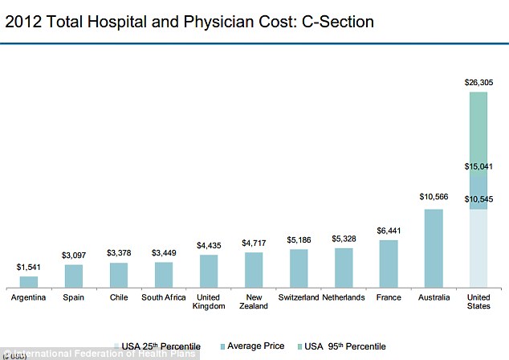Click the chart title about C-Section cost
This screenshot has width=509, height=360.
[189, 22]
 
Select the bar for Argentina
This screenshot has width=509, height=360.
[29, 282]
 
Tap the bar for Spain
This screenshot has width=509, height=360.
[74, 276]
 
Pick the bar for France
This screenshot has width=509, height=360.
[389, 264]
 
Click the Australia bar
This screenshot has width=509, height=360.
[434, 247]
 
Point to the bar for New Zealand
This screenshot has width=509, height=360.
[254, 270]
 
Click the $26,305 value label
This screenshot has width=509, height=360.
[478, 82]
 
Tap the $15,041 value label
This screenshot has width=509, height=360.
[478, 166]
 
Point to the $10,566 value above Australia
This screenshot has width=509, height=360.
[434, 197]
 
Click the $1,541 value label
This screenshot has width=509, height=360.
[29, 266]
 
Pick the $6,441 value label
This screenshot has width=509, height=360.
[389, 230]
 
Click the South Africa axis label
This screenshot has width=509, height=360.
[164, 297]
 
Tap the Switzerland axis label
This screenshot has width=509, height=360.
[299, 297]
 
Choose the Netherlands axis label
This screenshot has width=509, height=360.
[344, 297]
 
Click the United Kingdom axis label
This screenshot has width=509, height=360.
[209, 302]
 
